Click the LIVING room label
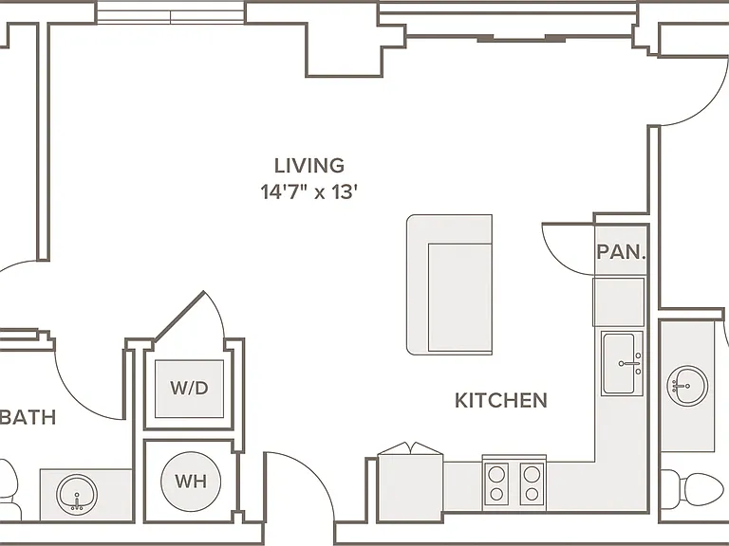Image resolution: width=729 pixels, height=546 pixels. click(x=309, y=166)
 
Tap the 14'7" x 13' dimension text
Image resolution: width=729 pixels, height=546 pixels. click(x=308, y=191)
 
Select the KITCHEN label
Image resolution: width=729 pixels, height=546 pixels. click(x=501, y=400)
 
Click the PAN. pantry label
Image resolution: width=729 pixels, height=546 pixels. click(x=621, y=251)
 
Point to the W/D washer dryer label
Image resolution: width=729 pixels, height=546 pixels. click(x=189, y=388)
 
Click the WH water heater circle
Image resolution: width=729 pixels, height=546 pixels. click(x=191, y=481)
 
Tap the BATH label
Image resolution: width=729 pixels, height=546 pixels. click(x=28, y=417)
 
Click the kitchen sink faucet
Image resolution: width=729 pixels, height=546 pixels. click(x=630, y=364)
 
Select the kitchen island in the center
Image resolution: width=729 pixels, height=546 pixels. click(x=450, y=284)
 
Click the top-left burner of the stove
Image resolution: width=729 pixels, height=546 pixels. click(x=496, y=474)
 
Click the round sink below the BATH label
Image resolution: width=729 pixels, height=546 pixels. click(x=77, y=495)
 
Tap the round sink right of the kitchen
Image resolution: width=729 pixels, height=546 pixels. click(x=687, y=386)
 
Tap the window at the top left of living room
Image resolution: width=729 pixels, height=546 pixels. click(x=171, y=12)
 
